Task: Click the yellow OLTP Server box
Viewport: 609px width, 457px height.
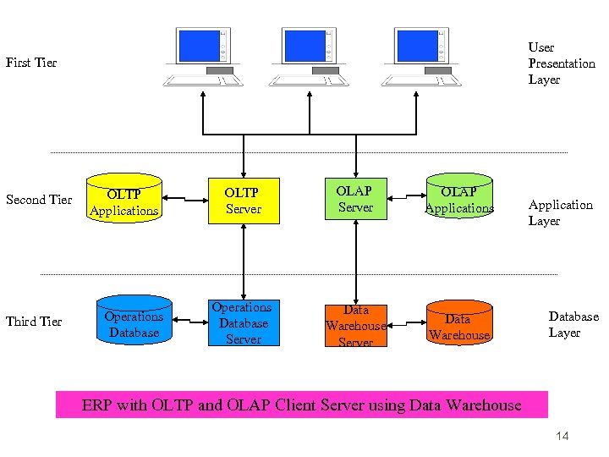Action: tap(244, 201)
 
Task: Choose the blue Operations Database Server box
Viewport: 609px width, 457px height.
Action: tap(244, 322)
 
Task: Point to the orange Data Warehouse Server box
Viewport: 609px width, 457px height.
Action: tap(355, 324)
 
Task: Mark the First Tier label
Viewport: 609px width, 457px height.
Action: tap(31, 63)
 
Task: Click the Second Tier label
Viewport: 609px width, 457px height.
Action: tap(39, 200)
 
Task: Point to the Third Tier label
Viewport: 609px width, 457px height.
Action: tap(34, 322)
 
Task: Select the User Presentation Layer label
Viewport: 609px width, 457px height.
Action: tap(562, 63)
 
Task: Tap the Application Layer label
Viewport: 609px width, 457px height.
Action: tap(560, 212)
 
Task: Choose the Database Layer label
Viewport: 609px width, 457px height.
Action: tap(573, 324)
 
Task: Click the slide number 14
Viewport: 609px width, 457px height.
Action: tap(562, 436)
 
